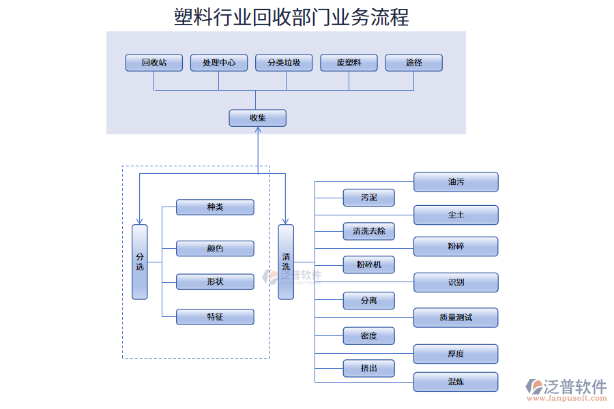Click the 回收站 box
coord(154,63)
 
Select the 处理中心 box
coord(219,63)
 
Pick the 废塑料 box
coord(349,63)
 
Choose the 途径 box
coord(413,63)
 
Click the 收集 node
coord(257,118)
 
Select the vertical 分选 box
coord(140,262)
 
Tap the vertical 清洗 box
coord(286,262)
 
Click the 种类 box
coord(215,207)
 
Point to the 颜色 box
coord(215,248)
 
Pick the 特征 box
coord(215,316)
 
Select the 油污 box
coord(456,182)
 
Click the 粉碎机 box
coord(368,264)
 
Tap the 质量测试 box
coord(456,318)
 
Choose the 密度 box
coord(368,335)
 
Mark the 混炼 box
coord(456,382)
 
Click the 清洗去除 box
coord(368,231)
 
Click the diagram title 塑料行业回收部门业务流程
coord(291,16)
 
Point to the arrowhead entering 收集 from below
coord(258,131)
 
